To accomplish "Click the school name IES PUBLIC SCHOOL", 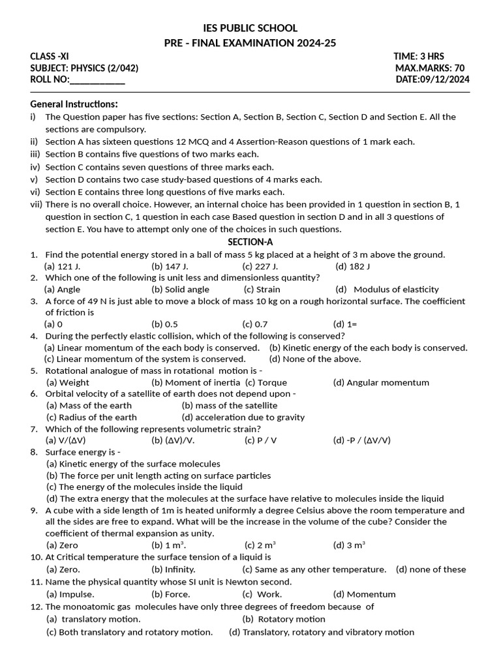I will [250, 28].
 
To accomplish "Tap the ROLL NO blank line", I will [97, 81].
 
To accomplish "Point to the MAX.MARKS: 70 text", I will [430, 68].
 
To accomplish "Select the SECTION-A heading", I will [250, 242].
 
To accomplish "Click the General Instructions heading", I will [74, 104].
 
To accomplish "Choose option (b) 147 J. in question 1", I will [170, 266].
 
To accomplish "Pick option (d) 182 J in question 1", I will [352, 266].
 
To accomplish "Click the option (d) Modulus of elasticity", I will [387, 289].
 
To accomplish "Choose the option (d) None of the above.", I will [314, 358].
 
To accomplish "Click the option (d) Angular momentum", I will [381, 382].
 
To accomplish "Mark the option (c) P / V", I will [260, 440].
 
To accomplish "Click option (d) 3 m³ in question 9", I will [349, 545].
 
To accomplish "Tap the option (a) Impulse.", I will [70, 594].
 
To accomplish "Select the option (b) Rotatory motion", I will [283, 619].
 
